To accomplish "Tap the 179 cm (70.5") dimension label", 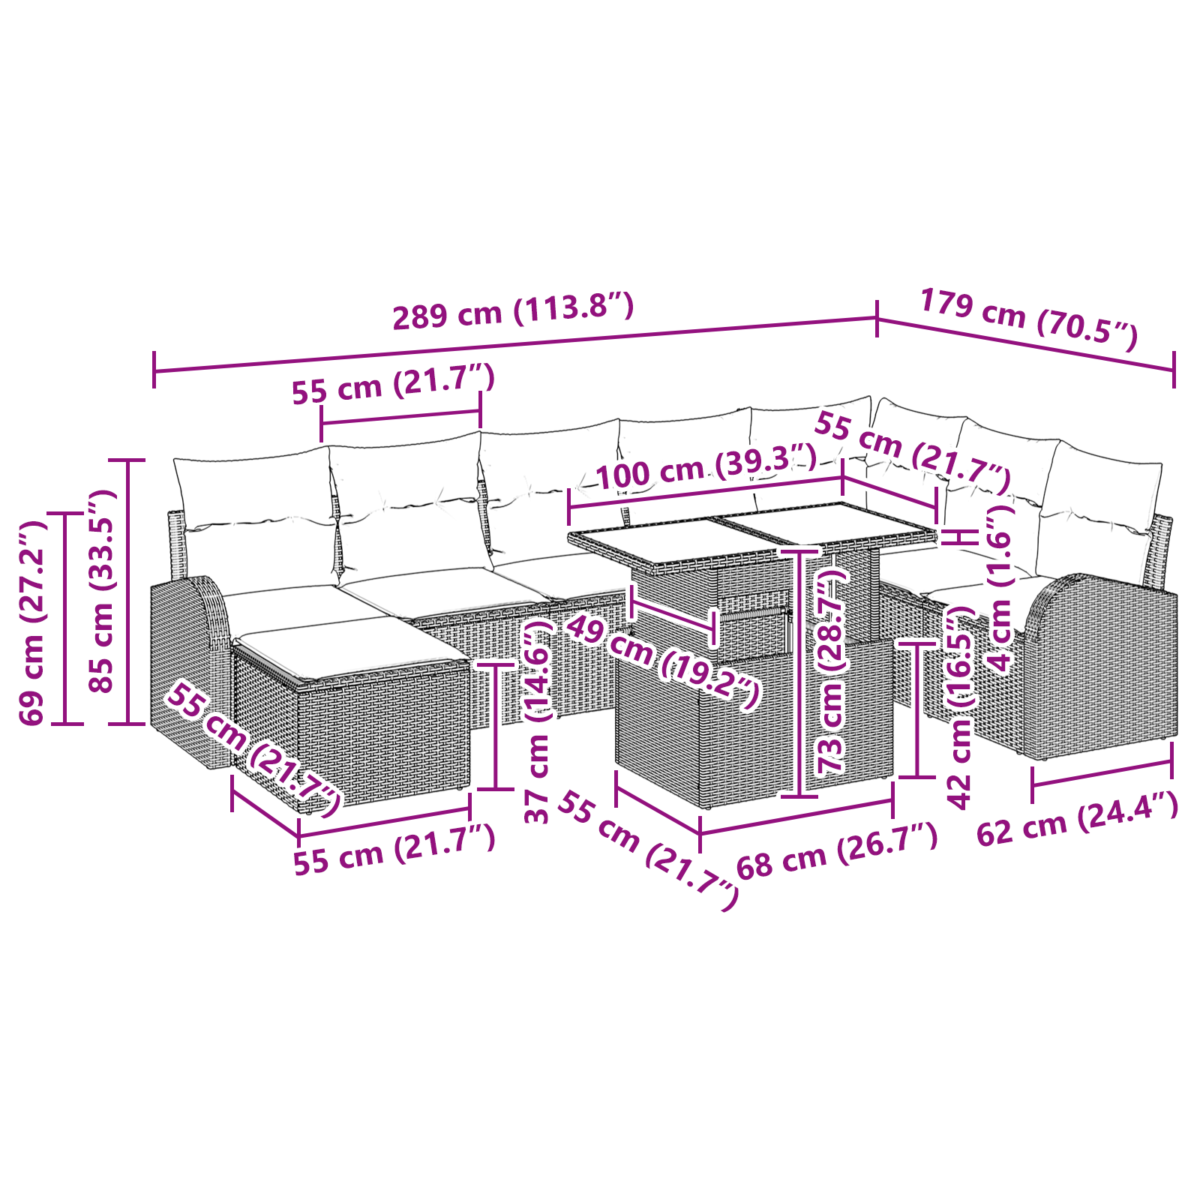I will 1028,319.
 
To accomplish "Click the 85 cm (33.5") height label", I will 100,592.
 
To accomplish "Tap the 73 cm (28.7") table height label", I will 832,671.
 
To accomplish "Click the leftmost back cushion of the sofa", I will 255,517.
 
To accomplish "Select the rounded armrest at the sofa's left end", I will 187,660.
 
